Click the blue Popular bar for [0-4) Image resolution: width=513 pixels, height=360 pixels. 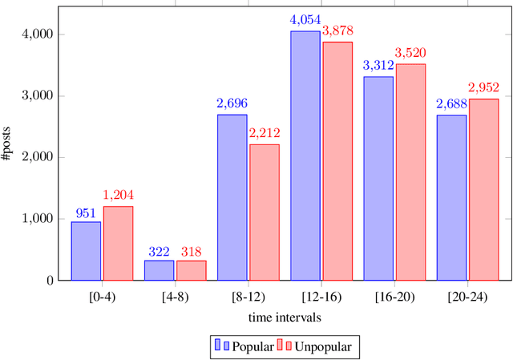click(x=86, y=251)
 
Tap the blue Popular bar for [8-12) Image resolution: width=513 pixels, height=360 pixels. click(x=232, y=197)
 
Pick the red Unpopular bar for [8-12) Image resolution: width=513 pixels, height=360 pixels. click(x=264, y=212)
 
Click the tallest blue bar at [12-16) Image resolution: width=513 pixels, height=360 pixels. click(x=305, y=156)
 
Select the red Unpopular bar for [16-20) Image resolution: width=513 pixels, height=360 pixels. click(x=410, y=172)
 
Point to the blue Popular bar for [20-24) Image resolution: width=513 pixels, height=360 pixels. click(x=450, y=197)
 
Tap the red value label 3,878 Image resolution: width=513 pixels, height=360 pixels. click(x=337, y=31)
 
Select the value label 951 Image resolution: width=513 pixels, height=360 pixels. click(x=86, y=212)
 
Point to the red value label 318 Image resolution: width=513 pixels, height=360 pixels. click(x=191, y=251)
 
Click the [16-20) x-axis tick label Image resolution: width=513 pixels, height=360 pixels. click(x=394, y=296)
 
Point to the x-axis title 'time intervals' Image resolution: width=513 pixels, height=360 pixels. click(x=285, y=317)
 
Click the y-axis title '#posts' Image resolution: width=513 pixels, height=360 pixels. click(x=7, y=145)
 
